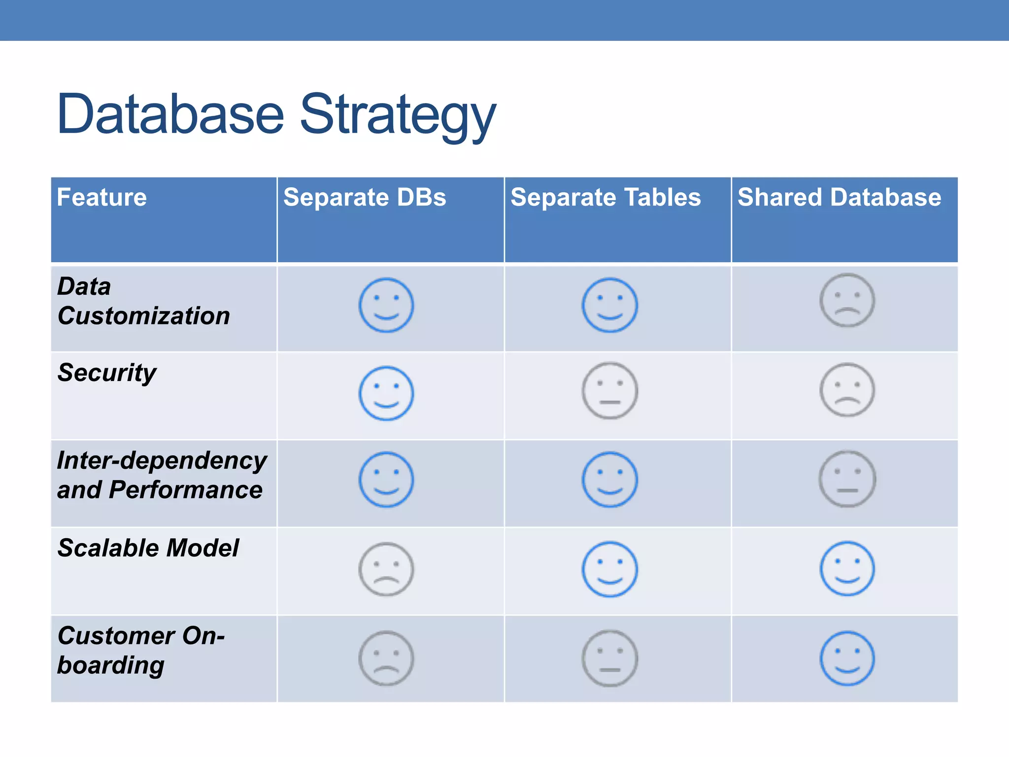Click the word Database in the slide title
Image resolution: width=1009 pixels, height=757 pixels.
point(170,115)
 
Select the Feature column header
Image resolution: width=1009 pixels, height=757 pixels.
point(102,198)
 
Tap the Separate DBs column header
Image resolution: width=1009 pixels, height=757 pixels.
point(365,198)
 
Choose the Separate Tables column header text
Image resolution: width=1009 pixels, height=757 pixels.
point(605,198)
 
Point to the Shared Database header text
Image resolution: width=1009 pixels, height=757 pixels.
point(839,198)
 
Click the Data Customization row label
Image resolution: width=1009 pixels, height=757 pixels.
point(143,301)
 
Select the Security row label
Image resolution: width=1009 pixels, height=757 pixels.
point(107,373)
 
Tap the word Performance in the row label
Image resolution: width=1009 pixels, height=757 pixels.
point(186,490)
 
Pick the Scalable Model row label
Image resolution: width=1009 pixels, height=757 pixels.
point(148,548)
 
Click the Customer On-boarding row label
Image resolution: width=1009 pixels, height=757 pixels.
point(140,650)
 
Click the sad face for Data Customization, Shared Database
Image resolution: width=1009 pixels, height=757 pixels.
point(847,300)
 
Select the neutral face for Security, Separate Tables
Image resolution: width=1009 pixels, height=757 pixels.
point(609,391)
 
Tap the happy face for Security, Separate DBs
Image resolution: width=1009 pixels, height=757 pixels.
point(386,393)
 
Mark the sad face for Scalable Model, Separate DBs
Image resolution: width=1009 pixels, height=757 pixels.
point(386,569)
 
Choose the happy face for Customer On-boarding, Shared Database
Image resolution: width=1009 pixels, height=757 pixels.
point(847,658)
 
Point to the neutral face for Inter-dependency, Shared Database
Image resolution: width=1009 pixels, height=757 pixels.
point(847,479)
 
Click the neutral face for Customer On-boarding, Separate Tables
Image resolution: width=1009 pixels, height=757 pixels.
point(609,658)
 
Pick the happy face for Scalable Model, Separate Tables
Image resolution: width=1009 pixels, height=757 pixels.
point(609,569)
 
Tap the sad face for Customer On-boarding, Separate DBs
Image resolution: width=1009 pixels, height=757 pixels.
point(386,658)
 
